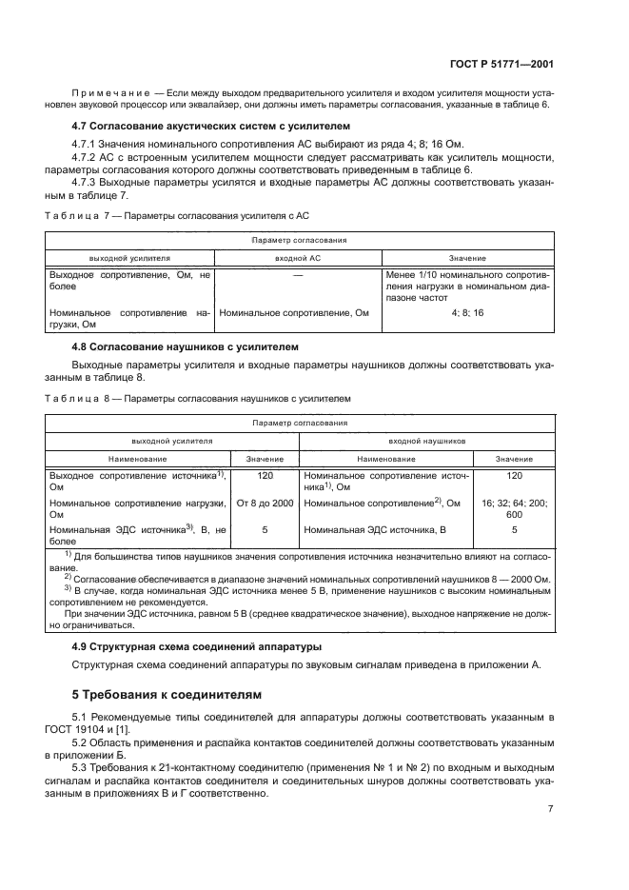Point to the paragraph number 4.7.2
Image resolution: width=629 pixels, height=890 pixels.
coord(88,158)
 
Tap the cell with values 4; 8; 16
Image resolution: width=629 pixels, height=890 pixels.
coord(467,311)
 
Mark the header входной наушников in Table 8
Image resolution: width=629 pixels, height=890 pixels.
coord(427,442)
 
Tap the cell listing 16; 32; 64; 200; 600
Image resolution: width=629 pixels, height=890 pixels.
coord(515,508)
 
